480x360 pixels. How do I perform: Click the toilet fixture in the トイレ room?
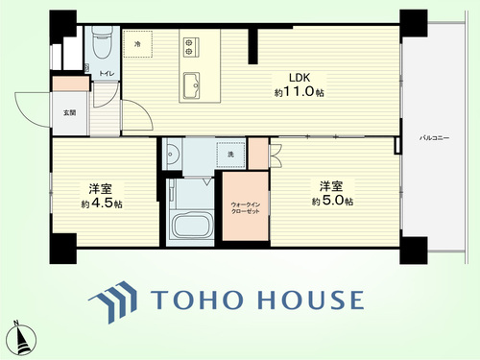pyautogui.click(x=103, y=42)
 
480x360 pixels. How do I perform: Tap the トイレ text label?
pyautogui.click(x=107, y=74)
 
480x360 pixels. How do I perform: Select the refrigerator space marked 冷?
pyautogui.click(x=138, y=44)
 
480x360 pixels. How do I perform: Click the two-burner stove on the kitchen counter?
pyautogui.click(x=191, y=47)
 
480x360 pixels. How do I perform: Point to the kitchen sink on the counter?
pyautogui.click(x=191, y=85)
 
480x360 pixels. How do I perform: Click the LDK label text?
pyautogui.click(x=300, y=78)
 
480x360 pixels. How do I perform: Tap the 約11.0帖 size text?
pyautogui.click(x=300, y=92)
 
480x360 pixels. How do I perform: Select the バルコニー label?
pyautogui.click(x=434, y=138)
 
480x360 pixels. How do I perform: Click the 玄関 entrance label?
pyautogui.click(x=69, y=112)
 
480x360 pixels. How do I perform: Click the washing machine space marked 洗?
pyautogui.click(x=231, y=155)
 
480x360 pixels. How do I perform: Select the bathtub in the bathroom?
pyautogui.click(x=192, y=226)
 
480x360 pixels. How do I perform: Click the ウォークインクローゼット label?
pyautogui.click(x=246, y=207)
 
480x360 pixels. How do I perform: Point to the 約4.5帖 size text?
pyautogui.click(x=102, y=204)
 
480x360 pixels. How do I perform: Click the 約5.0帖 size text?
pyautogui.click(x=332, y=201)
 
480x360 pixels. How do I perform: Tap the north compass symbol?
pyautogui.click(x=21, y=338)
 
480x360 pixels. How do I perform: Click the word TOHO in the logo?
pyautogui.click(x=196, y=300)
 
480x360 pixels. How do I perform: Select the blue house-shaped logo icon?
pyautogui.click(x=113, y=301)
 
